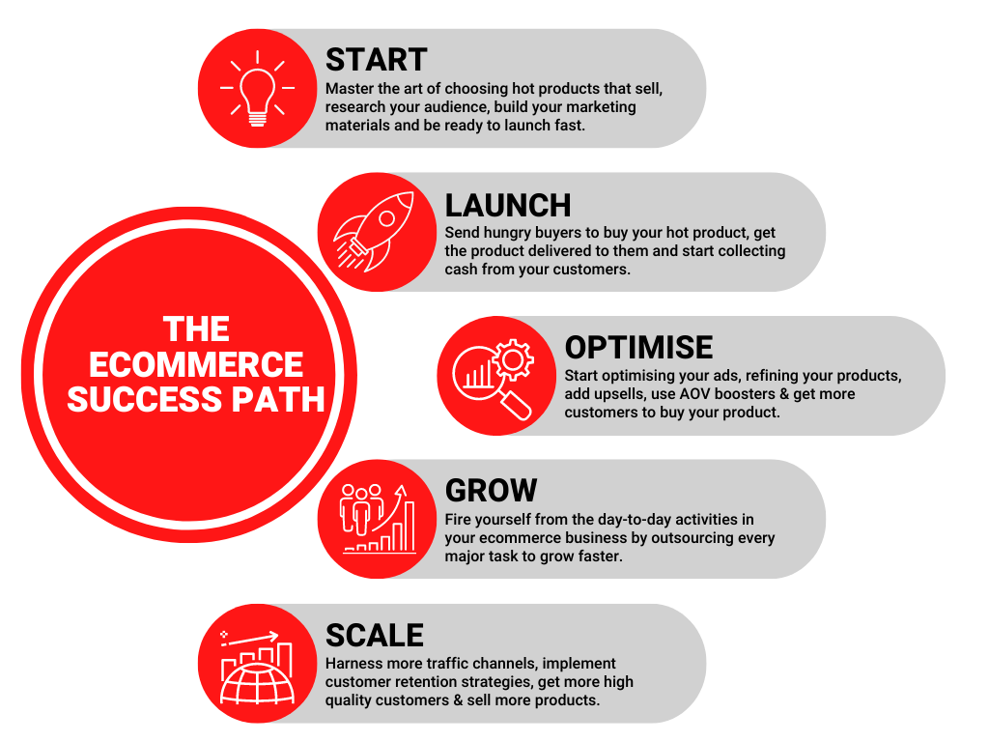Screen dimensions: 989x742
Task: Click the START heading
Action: (x=377, y=60)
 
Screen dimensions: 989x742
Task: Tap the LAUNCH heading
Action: (x=508, y=206)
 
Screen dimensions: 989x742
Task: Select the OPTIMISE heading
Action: (x=638, y=348)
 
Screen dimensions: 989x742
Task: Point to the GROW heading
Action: (x=491, y=491)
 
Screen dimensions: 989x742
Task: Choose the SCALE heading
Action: (x=375, y=636)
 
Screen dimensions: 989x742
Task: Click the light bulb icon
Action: (x=257, y=89)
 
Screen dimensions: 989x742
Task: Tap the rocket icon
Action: (x=374, y=232)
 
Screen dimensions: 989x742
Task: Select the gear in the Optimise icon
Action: (x=513, y=359)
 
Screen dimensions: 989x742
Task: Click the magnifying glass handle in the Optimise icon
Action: (x=516, y=405)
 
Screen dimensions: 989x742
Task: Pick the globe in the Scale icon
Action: (x=257, y=684)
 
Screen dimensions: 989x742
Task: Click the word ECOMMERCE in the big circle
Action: (x=196, y=364)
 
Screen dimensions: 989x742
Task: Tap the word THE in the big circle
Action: (x=196, y=329)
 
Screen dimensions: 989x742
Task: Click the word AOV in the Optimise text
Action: (x=695, y=394)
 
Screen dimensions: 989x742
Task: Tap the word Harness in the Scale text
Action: (x=350, y=664)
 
